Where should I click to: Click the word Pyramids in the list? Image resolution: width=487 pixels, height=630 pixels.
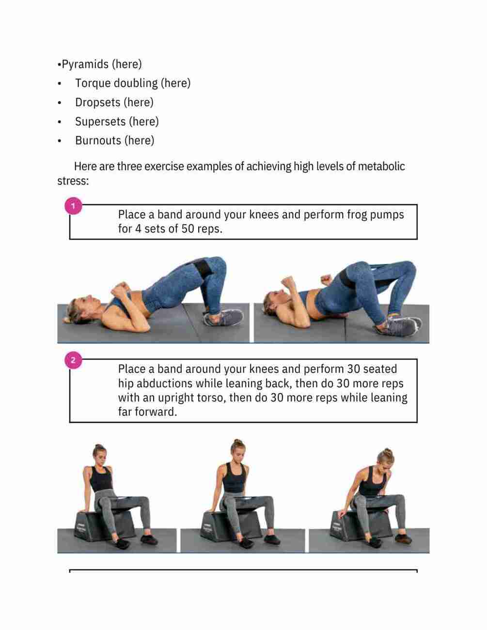pyautogui.click(x=85, y=64)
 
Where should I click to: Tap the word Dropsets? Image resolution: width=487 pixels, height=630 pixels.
pyautogui.click(x=98, y=103)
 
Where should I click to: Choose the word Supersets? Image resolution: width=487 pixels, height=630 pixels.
pyautogui.click(x=100, y=122)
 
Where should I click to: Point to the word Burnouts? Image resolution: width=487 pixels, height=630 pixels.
pyautogui.click(x=98, y=140)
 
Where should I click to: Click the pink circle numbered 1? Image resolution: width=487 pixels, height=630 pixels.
pyautogui.click(x=73, y=206)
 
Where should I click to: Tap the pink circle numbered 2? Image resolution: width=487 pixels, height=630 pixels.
pyautogui.click(x=73, y=360)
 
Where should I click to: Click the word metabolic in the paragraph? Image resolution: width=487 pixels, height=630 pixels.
pyautogui.click(x=381, y=167)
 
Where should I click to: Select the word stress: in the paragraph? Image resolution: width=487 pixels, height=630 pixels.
pyautogui.click(x=73, y=181)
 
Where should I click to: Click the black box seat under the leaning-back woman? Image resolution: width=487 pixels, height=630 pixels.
pyautogui.click(x=104, y=525)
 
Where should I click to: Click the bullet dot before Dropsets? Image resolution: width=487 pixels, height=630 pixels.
pyautogui.click(x=60, y=103)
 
